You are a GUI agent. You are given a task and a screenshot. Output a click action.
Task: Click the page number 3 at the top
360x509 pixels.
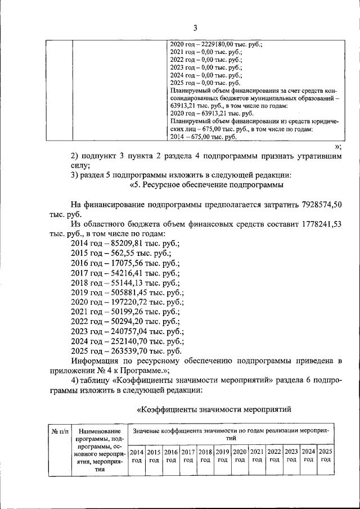coord(195,28)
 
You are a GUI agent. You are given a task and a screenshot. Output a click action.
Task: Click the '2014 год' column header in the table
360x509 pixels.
coord(137,456)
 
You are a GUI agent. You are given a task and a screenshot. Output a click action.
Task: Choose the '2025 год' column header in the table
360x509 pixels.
coord(325,456)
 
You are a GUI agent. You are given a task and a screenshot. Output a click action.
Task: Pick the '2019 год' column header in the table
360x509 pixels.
coord(222,456)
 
